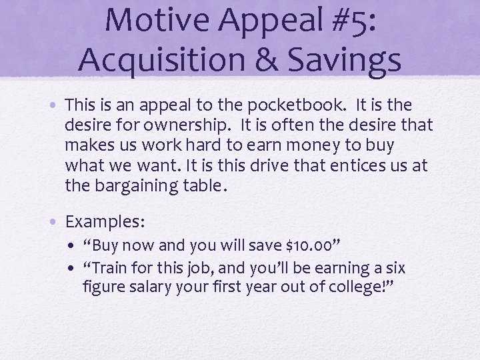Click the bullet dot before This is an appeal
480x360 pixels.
click(57, 105)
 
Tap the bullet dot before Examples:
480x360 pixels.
click(57, 221)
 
